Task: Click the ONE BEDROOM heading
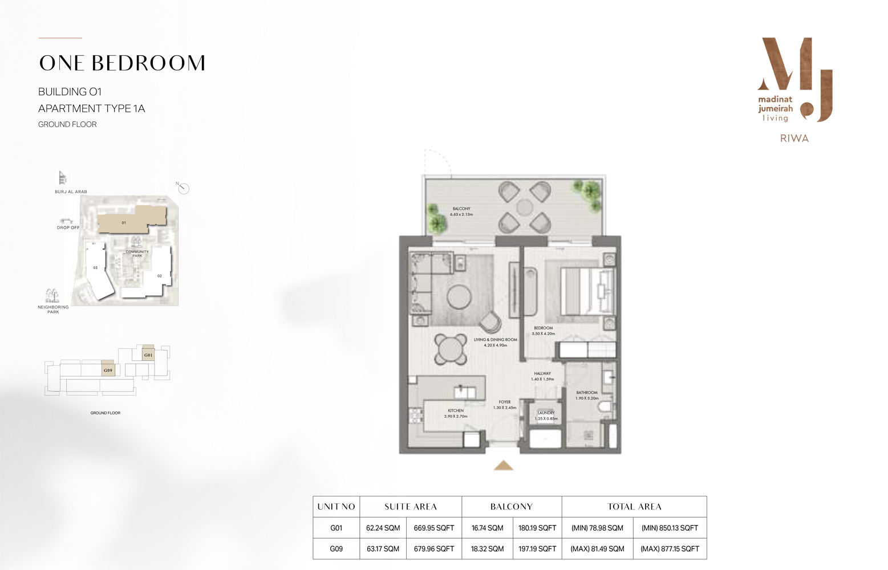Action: (x=122, y=63)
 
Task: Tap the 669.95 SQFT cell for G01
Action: (x=434, y=528)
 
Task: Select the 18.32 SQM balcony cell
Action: (x=487, y=549)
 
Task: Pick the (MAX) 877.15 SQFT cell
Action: (x=670, y=549)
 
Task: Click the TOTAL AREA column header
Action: (x=634, y=507)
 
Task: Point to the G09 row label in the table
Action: (x=336, y=549)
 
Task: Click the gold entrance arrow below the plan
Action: (x=503, y=466)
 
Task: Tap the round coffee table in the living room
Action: (x=459, y=297)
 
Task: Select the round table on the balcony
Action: (x=525, y=207)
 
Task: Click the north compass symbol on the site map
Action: (x=183, y=188)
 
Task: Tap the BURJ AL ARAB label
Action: (x=71, y=192)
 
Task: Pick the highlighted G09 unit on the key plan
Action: (x=108, y=370)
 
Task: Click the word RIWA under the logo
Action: (x=794, y=139)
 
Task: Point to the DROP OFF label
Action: (x=68, y=227)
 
